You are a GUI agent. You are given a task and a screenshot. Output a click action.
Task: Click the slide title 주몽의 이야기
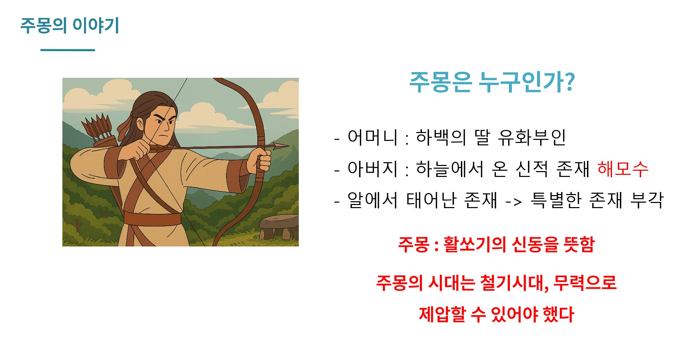(70, 25)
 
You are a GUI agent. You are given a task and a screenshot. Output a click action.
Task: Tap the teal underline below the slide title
(68, 50)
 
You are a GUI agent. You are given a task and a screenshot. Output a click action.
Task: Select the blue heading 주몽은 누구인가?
(492, 82)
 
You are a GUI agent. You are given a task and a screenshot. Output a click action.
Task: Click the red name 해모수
(623, 169)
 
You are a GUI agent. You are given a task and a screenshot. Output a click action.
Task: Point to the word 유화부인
(531, 137)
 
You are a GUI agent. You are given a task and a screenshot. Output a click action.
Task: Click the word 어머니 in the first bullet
(372, 137)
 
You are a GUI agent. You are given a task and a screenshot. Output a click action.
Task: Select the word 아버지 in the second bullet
(372, 169)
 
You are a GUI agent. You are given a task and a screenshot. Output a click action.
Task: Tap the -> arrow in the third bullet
(514, 202)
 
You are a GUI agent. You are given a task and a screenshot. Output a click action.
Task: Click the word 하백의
(441, 137)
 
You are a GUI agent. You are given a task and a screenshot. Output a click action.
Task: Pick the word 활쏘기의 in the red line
(475, 244)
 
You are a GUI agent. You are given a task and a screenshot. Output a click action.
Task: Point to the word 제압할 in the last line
(442, 314)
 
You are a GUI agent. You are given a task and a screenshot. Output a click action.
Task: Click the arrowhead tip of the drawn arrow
(289, 146)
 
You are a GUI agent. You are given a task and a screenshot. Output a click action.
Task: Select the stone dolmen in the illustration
(279, 227)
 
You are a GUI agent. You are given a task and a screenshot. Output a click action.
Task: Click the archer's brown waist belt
(152, 218)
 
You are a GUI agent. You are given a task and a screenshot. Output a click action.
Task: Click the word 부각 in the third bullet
(647, 200)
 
